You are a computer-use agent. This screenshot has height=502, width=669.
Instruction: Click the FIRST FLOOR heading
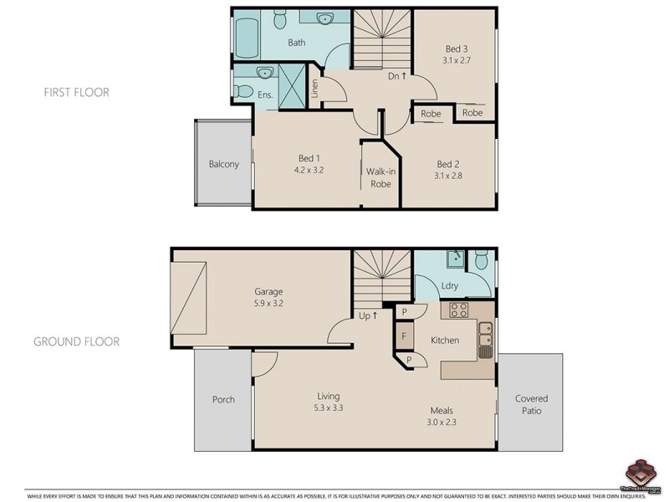click(76, 92)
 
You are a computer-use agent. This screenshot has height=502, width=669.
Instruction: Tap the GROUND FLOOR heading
click(76, 341)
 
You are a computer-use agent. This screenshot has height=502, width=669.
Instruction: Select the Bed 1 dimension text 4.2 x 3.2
click(309, 170)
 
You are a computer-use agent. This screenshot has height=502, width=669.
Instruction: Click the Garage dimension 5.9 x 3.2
click(268, 305)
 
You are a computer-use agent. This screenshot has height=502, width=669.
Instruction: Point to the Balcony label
click(223, 164)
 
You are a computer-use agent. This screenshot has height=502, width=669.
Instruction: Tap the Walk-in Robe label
click(380, 177)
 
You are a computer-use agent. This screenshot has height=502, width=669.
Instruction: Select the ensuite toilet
click(242, 89)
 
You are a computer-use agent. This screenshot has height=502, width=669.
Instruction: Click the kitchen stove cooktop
click(459, 311)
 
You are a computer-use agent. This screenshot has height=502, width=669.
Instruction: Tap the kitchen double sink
click(484, 340)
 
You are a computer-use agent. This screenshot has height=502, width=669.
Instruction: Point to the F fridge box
click(404, 336)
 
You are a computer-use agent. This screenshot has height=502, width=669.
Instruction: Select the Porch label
click(223, 399)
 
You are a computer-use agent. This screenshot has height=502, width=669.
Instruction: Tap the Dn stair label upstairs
click(397, 76)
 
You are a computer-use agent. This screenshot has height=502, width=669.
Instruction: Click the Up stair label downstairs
click(369, 315)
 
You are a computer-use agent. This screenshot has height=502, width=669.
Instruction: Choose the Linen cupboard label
click(314, 89)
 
